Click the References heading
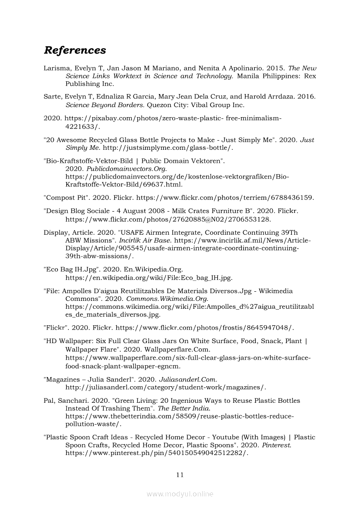click(x=75, y=51)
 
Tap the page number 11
click(x=180, y=475)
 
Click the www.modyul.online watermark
click(x=180, y=494)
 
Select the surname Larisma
click(x=56, y=68)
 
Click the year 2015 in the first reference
click(x=276, y=68)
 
